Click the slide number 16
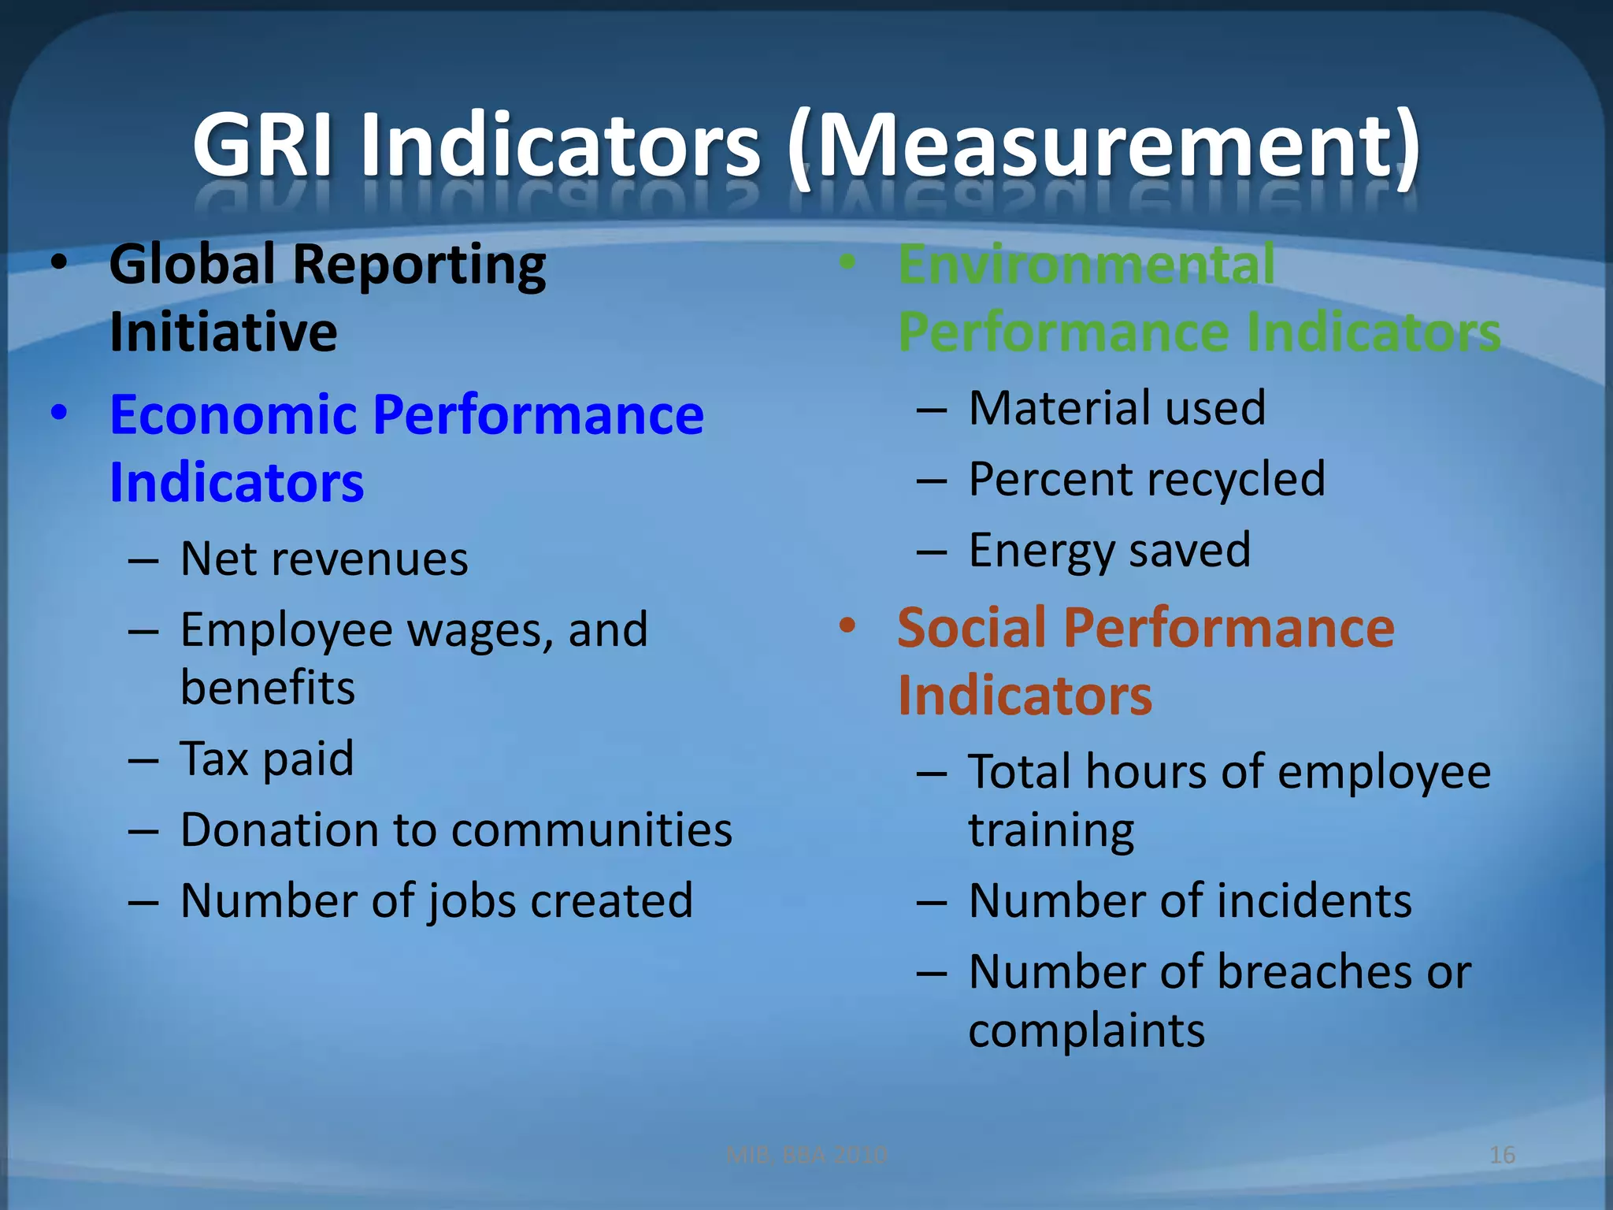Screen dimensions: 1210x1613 (x=1502, y=1155)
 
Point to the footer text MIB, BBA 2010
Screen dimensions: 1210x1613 (x=806, y=1155)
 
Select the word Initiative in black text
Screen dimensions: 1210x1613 (x=224, y=332)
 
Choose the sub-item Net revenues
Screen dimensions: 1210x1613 (x=324, y=559)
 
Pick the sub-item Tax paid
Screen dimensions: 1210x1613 (x=267, y=759)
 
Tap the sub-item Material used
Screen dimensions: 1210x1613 (x=1117, y=408)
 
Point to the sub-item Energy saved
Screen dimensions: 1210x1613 (x=1109, y=550)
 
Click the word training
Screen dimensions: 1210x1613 (x=1051, y=831)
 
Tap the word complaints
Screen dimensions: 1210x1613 (x=1086, y=1030)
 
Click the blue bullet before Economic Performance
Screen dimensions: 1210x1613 (x=59, y=413)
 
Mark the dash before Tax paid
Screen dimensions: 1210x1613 (x=143, y=760)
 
